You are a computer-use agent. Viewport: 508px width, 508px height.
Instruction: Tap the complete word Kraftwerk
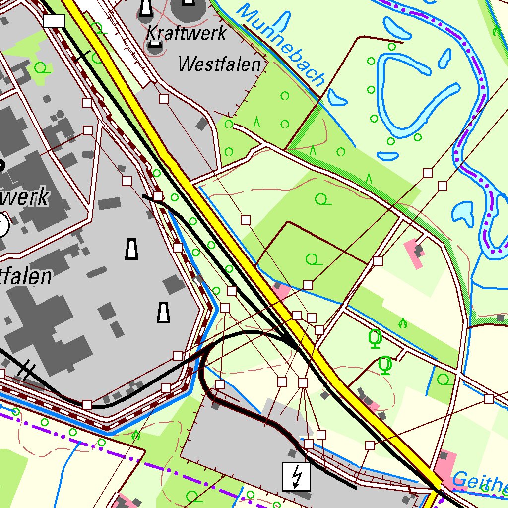187,34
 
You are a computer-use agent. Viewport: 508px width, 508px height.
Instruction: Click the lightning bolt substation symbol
296,476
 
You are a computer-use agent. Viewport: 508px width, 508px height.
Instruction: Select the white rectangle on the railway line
54,21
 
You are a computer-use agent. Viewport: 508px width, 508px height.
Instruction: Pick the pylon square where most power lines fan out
303,382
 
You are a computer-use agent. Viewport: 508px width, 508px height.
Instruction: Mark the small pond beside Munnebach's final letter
337,98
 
